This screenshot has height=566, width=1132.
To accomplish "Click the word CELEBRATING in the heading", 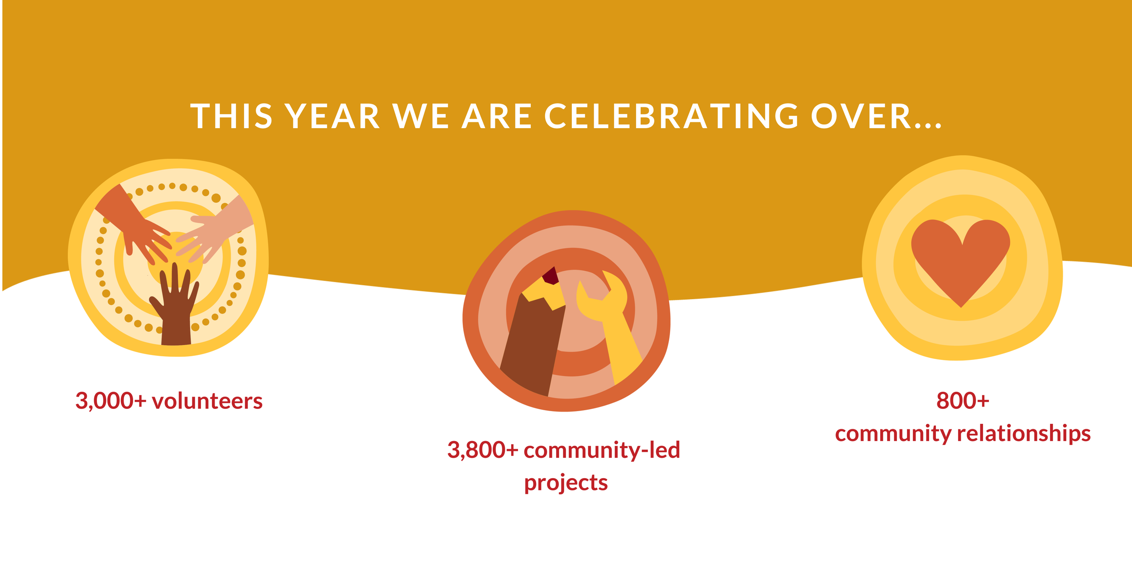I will coord(671,116).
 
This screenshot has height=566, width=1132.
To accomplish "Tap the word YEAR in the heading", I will coord(333,116).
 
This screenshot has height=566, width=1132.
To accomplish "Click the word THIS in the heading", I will coord(231,116).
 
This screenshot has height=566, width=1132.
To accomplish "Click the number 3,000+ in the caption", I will coord(110,401).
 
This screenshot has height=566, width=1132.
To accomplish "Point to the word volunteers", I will coord(207,401).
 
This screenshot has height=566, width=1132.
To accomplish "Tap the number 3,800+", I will coord(482,450).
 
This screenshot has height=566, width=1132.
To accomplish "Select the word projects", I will coord(566,483).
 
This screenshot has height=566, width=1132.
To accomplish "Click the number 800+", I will coord(963,401).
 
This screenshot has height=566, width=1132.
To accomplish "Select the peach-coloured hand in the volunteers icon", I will coord(217,231).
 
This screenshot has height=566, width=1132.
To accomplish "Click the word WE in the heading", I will coord(421,116).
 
